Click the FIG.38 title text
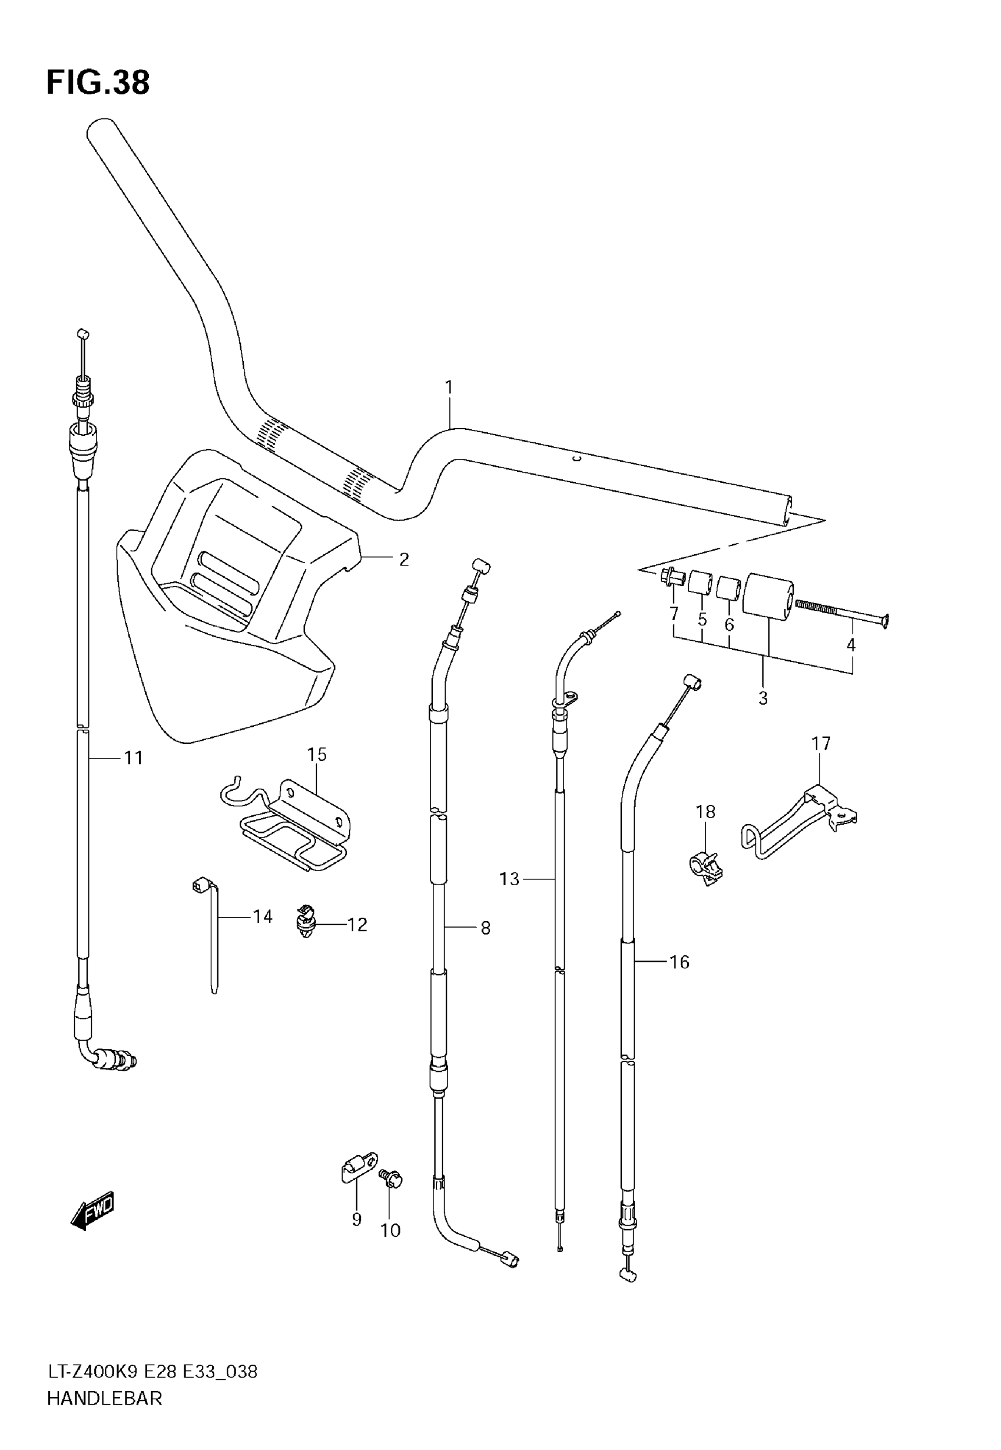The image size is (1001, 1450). point(98,83)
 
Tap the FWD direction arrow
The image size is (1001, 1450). point(94,1209)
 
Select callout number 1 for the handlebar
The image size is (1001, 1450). point(449,388)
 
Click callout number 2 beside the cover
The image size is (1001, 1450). point(404,560)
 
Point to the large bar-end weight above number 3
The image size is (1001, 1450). point(768,597)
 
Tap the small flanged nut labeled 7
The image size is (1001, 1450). point(671,577)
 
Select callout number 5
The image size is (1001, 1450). point(702,620)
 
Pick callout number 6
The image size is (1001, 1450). point(729,625)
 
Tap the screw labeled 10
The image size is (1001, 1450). point(392,1179)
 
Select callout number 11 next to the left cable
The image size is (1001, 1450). point(134,758)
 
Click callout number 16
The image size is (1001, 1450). point(680,962)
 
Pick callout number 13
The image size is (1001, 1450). point(509,879)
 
